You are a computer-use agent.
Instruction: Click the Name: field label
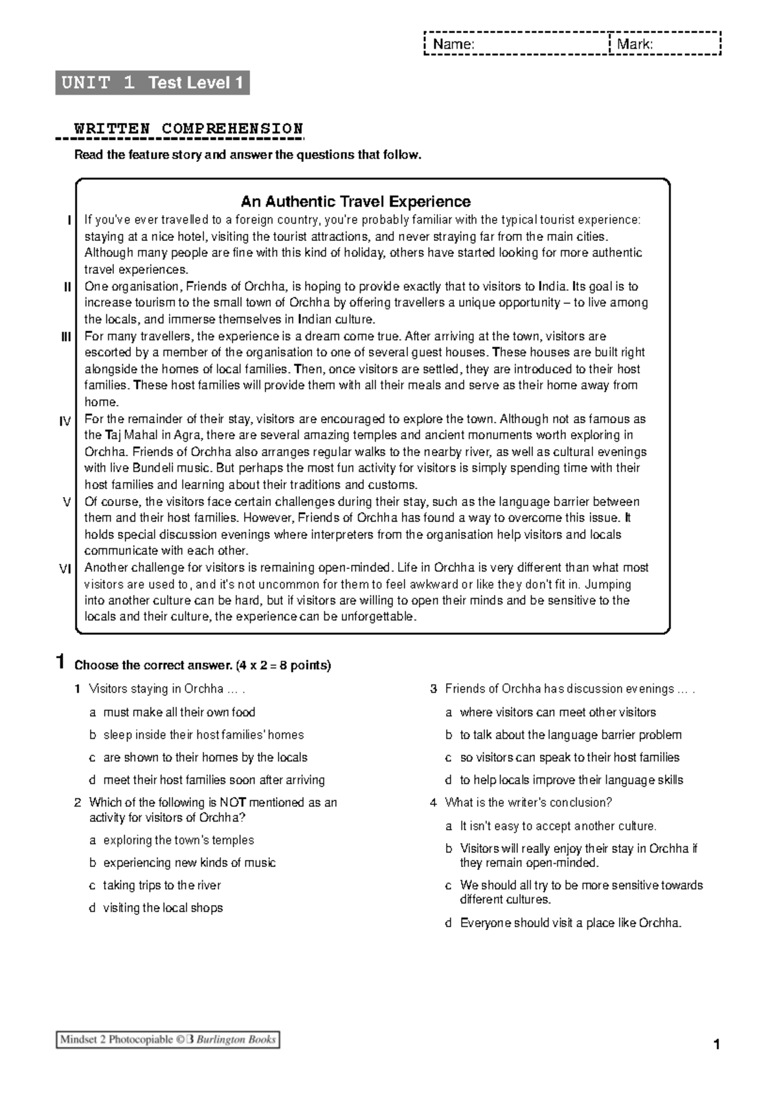click(x=453, y=44)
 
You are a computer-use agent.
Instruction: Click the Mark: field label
click(x=634, y=44)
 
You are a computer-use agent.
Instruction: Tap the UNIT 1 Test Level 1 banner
click(x=152, y=83)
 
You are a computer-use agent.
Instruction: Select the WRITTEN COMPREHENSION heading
click(x=188, y=128)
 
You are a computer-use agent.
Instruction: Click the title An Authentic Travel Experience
click(x=355, y=202)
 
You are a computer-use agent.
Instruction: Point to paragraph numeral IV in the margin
click(x=65, y=422)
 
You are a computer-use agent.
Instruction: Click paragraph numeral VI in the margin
click(x=65, y=569)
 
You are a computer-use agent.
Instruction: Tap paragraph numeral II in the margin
click(x=67, y=287)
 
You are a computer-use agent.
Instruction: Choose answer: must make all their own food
click(x=179, y=712)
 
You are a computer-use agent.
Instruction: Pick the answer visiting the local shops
click(x=163, y=908)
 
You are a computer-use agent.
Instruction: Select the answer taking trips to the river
click(x=162, y=885)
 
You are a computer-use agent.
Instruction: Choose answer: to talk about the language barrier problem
click(x=570, y=735)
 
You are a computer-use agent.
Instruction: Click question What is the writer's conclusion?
click(x=528, y=802)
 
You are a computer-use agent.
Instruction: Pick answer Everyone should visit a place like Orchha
click(x=570, y=923)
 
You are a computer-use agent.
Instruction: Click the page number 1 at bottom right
click(x=716, y=1045)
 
